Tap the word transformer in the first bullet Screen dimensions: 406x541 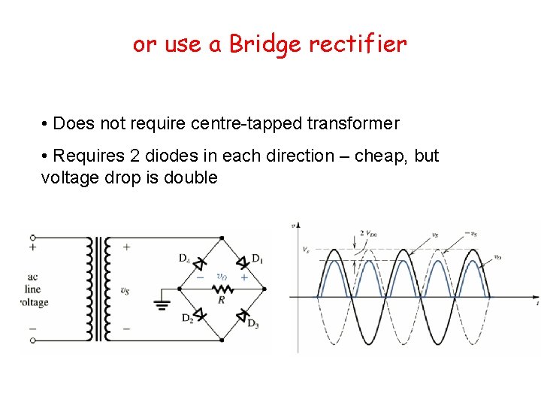353,123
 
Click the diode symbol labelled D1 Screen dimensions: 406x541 242,263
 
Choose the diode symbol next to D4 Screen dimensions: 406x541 200,263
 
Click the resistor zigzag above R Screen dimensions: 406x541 221,287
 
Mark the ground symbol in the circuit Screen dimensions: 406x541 162,304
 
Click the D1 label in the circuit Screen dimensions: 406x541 257,259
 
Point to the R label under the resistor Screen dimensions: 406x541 221,299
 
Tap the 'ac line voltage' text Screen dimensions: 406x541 34,289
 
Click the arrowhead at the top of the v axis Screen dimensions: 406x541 298,225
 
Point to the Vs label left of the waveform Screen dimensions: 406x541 305,250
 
